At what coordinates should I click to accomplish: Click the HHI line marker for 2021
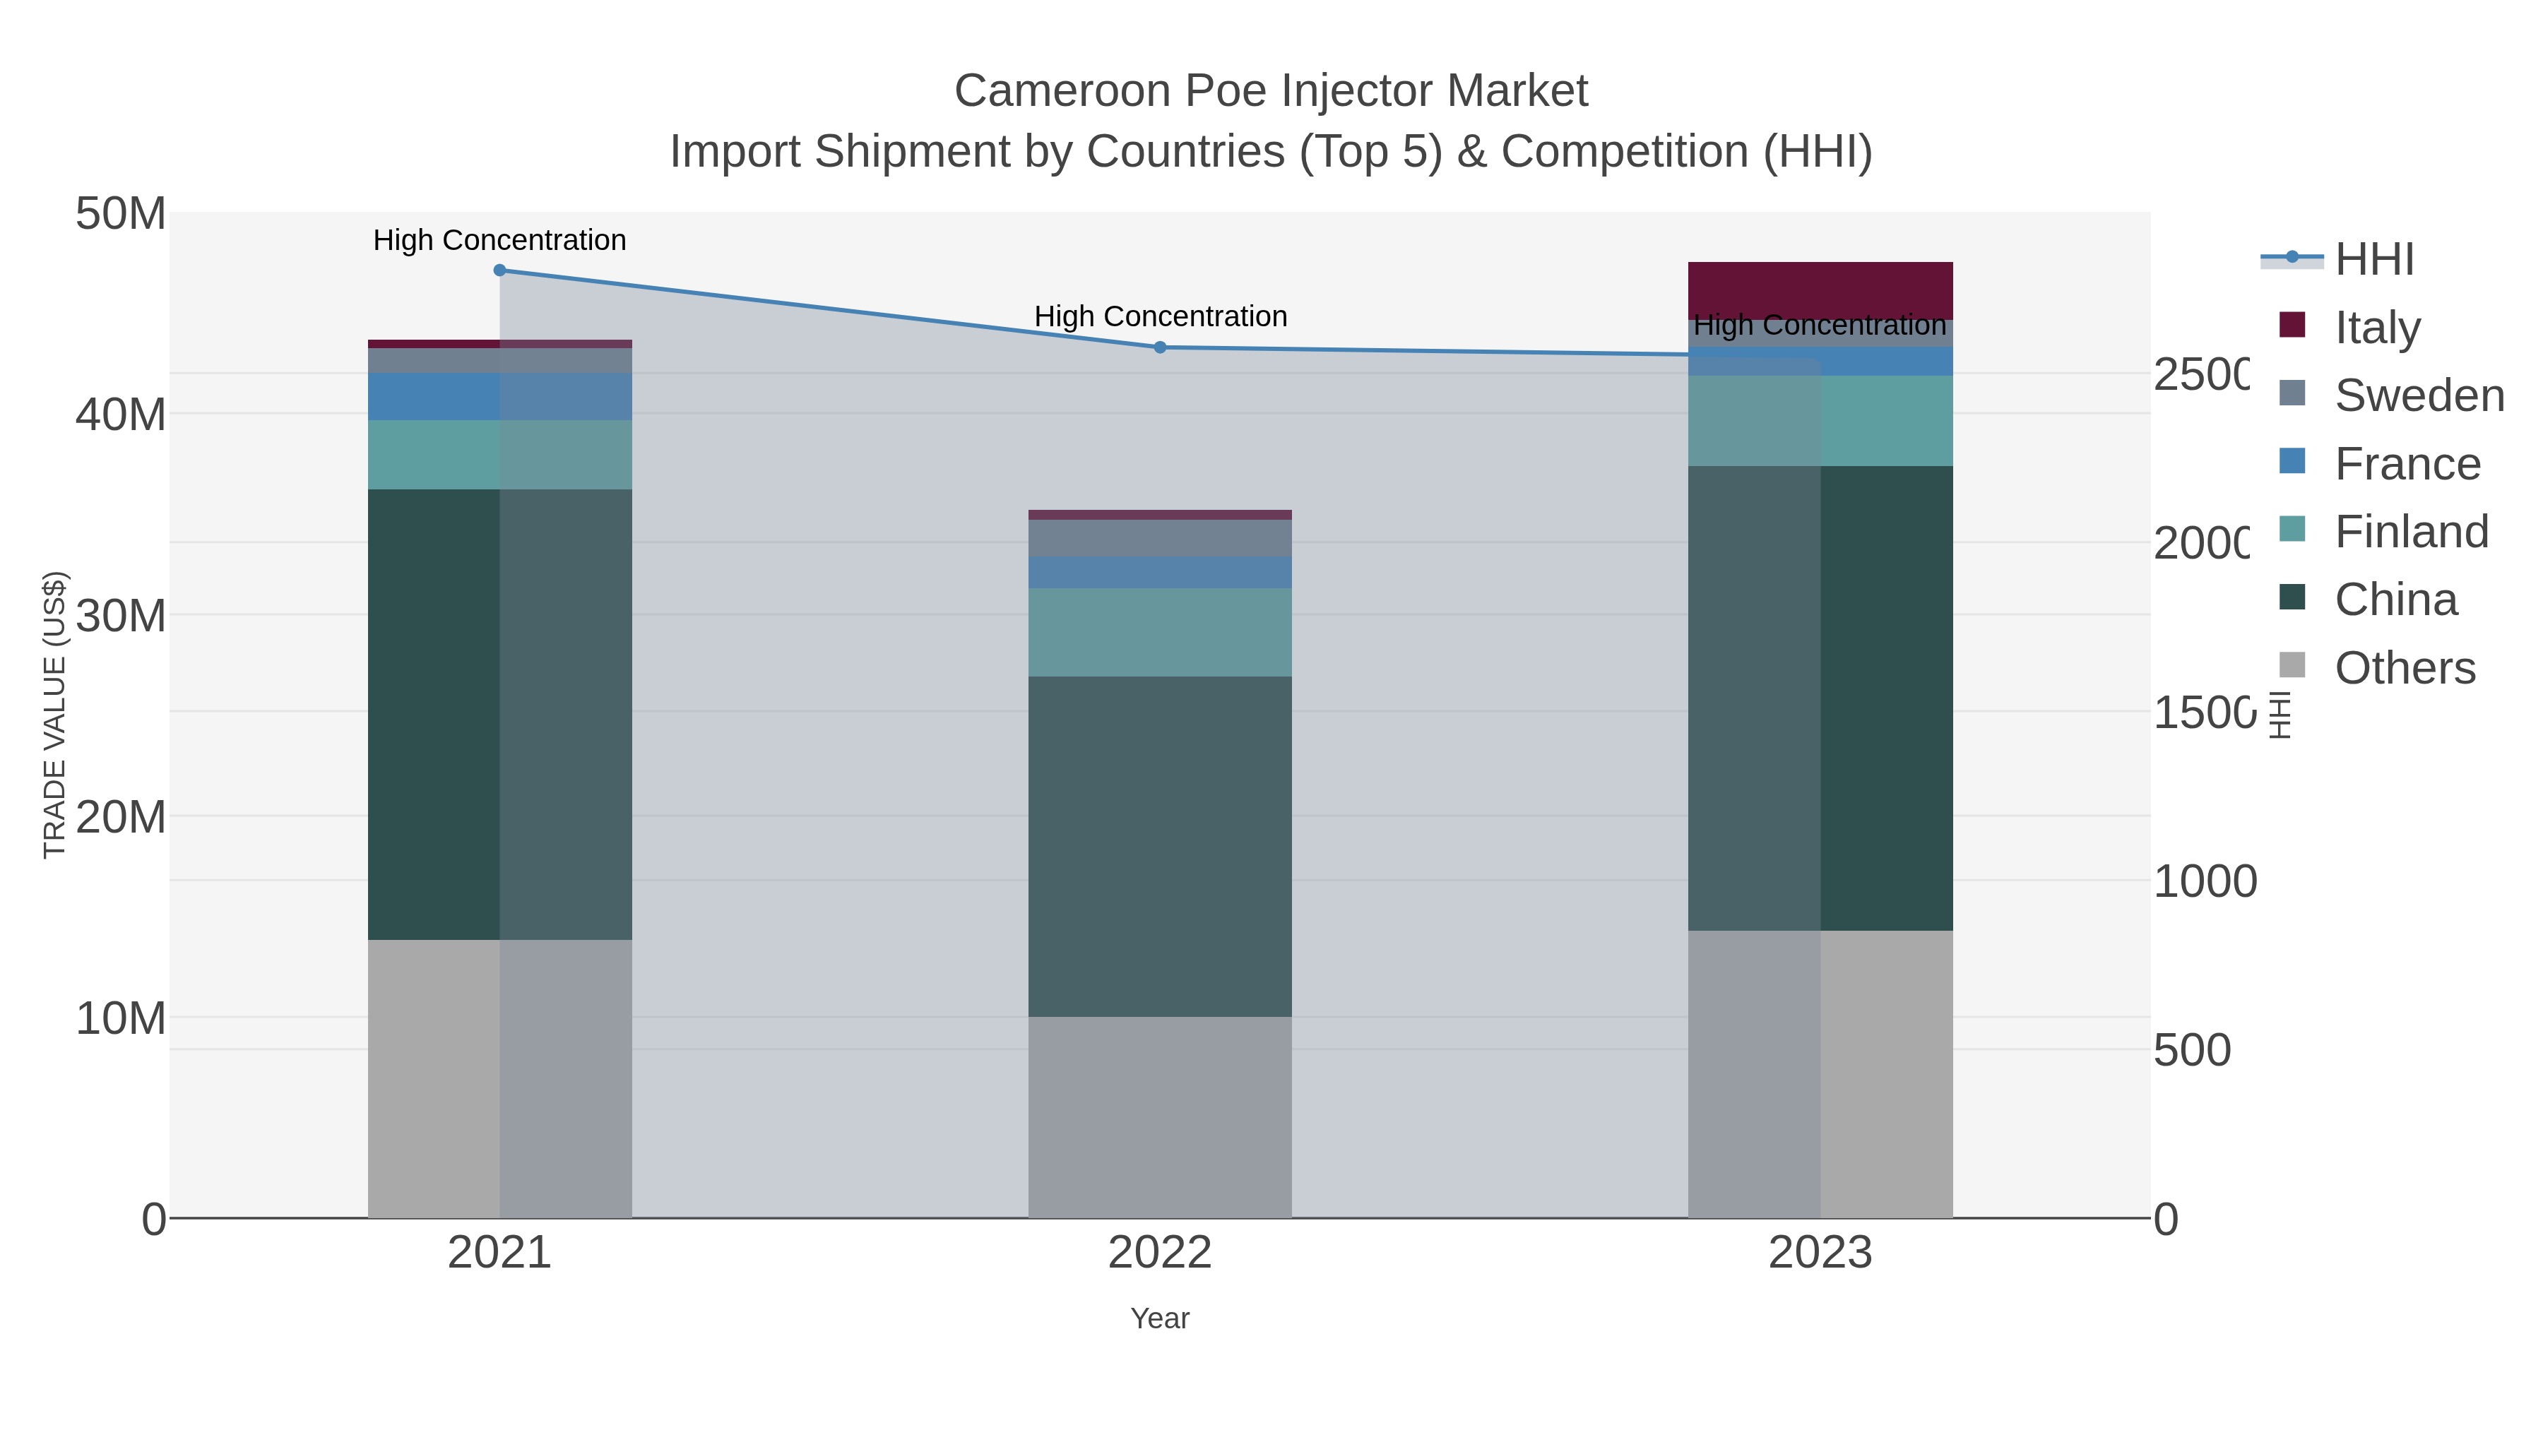(499, 270)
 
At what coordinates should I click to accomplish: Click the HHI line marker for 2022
(1160, 347)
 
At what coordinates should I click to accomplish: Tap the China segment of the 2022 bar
(1160, 846)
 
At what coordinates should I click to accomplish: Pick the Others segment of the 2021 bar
(499, 1078)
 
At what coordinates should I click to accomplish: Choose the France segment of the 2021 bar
(499, 397)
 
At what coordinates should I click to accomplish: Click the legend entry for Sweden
(2418, 395)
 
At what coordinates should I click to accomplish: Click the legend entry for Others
(2404, 668)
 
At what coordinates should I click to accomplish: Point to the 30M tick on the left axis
(120, 616)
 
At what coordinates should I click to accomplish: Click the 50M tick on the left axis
(120, 214)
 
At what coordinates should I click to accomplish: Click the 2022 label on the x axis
(1160, 1252)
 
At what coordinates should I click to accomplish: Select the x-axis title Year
(1160, 1318)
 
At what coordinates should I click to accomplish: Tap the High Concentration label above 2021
(499, 240)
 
